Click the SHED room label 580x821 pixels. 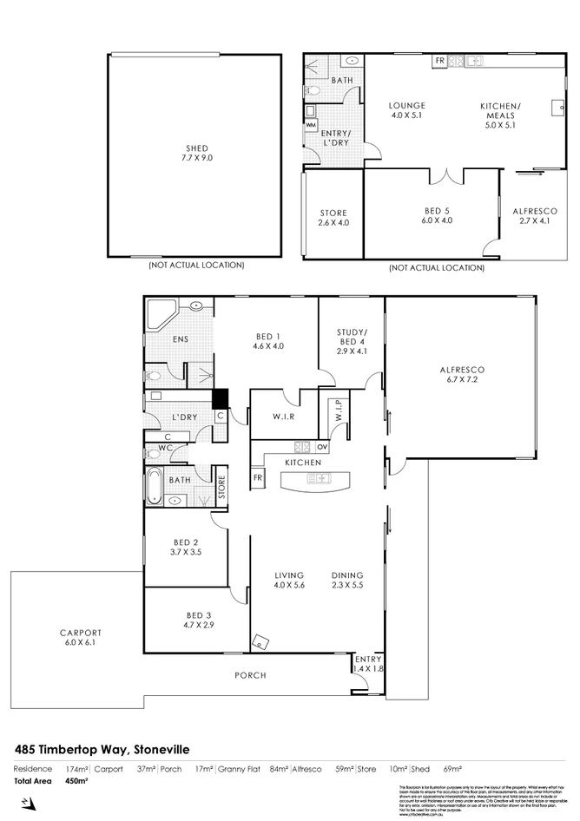coord(194,148)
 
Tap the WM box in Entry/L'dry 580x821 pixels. coord(311,124)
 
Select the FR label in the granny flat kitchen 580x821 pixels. coord(439,61)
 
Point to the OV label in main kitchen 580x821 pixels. coord(322,447)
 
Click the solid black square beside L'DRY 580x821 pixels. coord(221,399)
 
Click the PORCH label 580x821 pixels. coord(251,674)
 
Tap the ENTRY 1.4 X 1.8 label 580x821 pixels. coord(367,664)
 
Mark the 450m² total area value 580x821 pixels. coord(77,780)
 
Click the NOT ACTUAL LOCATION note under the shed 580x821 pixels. coord(195,265)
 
